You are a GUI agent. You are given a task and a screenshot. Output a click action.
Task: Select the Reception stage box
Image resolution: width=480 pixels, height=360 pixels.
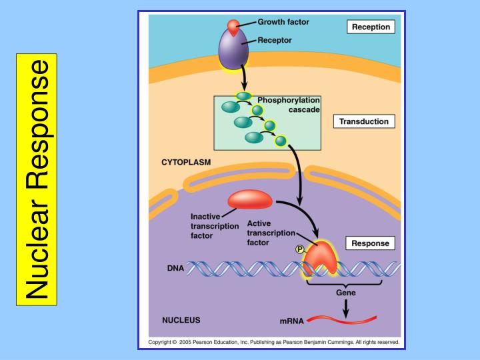370,27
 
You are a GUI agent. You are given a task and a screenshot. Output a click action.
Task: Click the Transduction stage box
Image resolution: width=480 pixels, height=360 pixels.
363,121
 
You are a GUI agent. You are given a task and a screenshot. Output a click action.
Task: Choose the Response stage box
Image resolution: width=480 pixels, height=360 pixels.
370,243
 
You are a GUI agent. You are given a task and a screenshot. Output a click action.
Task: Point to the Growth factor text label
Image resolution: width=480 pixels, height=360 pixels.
283,21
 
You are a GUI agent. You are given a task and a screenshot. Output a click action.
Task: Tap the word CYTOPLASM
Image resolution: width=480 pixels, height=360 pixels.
186,162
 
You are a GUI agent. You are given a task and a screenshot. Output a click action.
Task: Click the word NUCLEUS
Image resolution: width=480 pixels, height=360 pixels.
181,320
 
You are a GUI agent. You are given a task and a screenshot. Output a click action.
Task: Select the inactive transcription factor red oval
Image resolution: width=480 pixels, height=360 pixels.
250,199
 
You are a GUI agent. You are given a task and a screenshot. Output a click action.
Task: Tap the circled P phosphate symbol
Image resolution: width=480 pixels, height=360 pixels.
300,249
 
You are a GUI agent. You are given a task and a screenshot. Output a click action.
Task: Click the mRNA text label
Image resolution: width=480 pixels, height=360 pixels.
291,321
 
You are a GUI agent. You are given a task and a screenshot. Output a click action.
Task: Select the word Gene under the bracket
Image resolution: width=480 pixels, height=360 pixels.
345,291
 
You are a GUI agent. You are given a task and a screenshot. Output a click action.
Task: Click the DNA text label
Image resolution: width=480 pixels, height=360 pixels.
175,269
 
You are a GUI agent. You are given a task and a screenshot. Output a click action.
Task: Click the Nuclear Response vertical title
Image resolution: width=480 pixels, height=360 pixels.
37,180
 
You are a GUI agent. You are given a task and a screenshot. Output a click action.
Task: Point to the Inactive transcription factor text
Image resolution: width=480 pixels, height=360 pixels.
215,226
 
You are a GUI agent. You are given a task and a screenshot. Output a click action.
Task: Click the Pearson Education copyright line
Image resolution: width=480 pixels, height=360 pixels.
273,342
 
